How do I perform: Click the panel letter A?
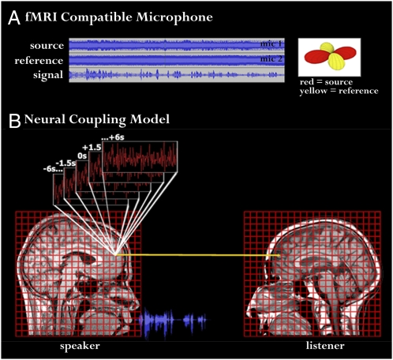[x=14, y=18]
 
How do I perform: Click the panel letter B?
[x=15, y=121]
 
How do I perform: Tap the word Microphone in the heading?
[x=174, y=17]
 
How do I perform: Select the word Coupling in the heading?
[x=97, y=120]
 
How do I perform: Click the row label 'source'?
[x=47, y=46]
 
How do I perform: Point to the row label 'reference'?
[x=39, y=61]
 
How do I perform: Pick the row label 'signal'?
[x=48, y=75]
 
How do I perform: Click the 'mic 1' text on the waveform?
[x=271, y=43]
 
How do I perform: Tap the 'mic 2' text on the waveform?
[x=271, y=58]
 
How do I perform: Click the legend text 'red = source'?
[x=326, y=82]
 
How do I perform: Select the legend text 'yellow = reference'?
[x=339, y=91]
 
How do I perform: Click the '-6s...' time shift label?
[x=53, y=169]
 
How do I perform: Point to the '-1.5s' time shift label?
[x=65, y=163]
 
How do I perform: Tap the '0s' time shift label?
[x=82, y=156]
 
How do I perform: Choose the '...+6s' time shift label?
[x=113, y=137]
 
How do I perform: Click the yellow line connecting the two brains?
[x=197, y=255]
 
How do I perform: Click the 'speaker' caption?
[x=80, y=346]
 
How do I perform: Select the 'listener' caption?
[x=325, y=346]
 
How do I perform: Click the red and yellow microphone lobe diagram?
[x=330, y=57]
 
